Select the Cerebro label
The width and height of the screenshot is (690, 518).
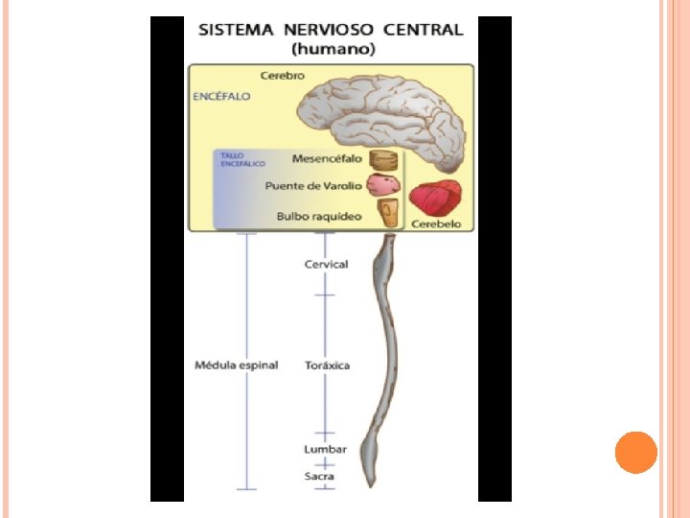click(x=283, y=75)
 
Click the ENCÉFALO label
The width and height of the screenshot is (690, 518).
click(x=221, y=97)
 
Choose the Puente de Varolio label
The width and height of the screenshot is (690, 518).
click(x=314, y=186)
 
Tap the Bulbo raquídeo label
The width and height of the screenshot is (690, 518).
click(x=319, y=216)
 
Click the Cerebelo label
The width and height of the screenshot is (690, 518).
click(x=436, y=224)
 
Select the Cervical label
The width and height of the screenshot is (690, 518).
click(x=326, y=264)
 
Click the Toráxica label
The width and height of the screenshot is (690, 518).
click(x=327, y=365)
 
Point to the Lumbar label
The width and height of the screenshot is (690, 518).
click(x=325, y=449)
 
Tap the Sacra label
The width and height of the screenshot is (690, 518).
click(x=319, y=475)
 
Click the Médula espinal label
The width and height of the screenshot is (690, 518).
click(x=236, y=365)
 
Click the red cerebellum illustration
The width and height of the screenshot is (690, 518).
click(x=436, y=199)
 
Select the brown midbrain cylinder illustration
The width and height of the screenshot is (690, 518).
click(x=383, y=159)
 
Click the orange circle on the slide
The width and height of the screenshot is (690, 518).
click(x=636, y=453)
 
